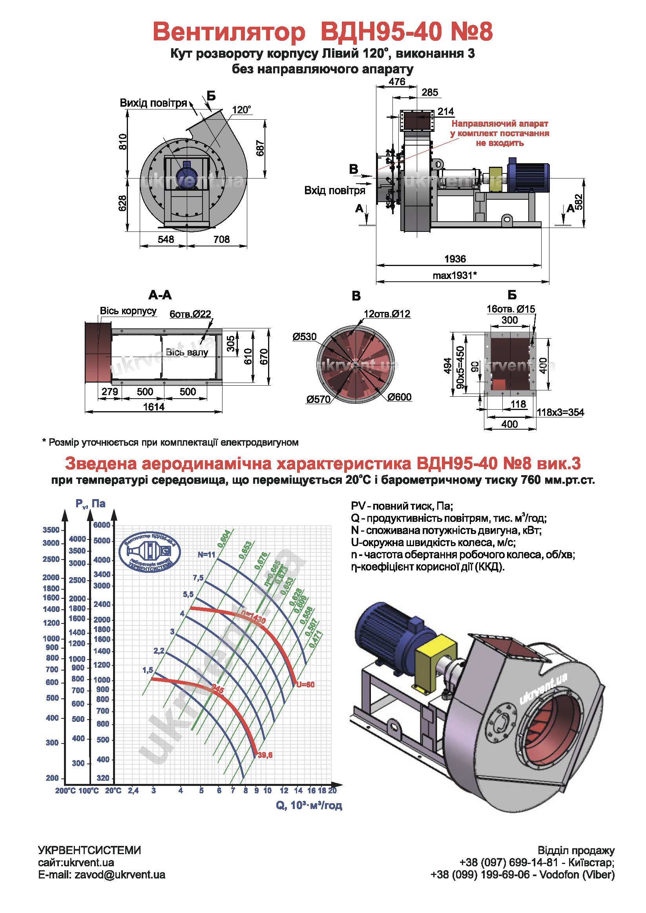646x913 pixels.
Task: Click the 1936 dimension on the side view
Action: point(454,259)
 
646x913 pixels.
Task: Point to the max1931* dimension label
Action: point(454,275)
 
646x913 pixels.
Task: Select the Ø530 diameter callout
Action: point(304,337)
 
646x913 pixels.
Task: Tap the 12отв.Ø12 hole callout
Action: point(387,314)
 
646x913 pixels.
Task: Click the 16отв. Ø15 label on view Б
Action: point(511,309)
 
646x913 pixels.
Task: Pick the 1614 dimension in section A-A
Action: point(153,407)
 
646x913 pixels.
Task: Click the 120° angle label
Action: point(241,109)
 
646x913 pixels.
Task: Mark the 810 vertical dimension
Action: point(123,142)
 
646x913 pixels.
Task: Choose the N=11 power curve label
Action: point(206,555)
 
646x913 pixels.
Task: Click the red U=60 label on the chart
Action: point(305,684)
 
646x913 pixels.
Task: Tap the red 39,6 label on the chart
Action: point(265,755)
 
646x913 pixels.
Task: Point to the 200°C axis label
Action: point(65,790)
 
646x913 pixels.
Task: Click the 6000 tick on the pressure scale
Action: point(102,525)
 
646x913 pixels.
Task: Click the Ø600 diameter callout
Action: point(400,397)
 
